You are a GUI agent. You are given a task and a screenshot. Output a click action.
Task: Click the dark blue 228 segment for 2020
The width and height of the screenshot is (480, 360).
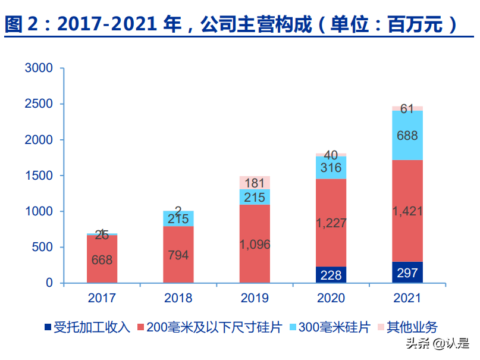[x=331, y=274]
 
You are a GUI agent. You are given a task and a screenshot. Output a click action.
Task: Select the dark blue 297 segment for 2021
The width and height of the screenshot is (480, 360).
[x=407, y=272]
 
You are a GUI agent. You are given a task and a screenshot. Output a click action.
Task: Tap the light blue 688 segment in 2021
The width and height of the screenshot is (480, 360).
[x=407, y=136]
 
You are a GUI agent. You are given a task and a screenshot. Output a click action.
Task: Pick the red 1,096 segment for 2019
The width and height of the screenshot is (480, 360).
[x=255, y=243]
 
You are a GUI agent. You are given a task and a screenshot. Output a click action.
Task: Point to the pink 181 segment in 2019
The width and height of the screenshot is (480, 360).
[x=255, y=183]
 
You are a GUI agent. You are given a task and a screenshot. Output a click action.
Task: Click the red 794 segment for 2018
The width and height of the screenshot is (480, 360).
[x=178, y=255]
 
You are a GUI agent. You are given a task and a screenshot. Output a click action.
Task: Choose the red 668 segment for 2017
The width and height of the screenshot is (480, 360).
[x=102, y=259]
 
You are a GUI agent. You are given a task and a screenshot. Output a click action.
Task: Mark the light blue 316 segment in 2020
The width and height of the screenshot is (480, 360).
[x=331, y=168]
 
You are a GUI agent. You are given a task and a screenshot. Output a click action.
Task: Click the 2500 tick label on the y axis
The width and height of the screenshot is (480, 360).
[x=39, y=104]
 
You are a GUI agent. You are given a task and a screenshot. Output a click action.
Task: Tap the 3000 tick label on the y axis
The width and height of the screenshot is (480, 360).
[x=39, y=68]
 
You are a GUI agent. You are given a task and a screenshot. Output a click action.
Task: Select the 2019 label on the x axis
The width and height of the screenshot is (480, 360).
[x=255, y=298]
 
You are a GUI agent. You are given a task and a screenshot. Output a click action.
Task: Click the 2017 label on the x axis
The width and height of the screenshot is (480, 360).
[x=102, y=298]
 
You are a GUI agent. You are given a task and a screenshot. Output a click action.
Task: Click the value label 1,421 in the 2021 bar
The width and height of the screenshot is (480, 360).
[x=407, y=211]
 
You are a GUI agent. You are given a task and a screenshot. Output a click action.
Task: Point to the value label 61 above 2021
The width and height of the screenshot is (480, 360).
[x=407, y=109]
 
